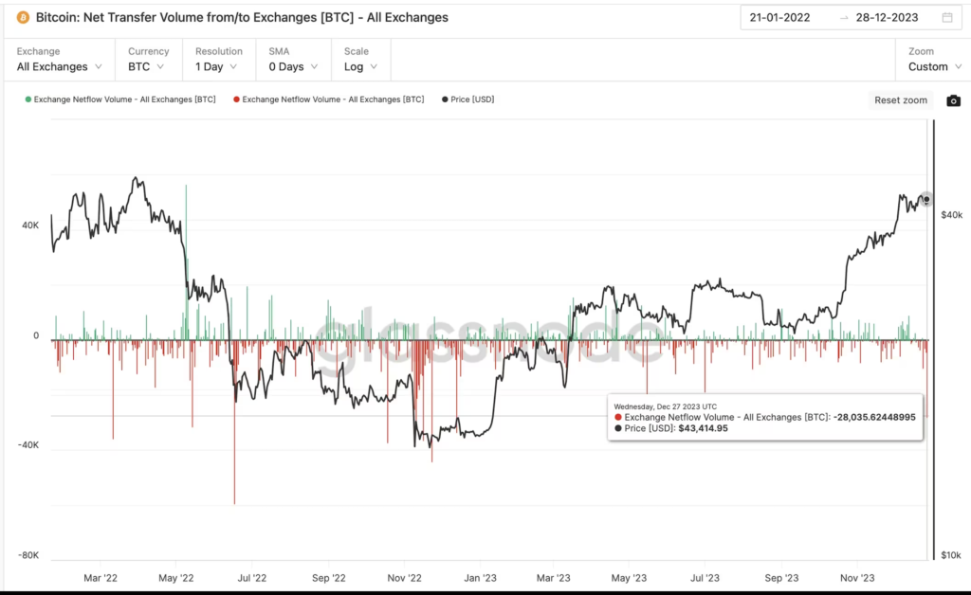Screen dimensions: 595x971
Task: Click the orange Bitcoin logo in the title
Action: point(23,17)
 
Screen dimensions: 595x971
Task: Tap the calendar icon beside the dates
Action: point(947,17)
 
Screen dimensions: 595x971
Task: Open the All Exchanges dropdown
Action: point(60,66)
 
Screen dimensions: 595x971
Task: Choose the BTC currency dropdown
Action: point(146,66)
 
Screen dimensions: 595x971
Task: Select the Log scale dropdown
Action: point(360,66)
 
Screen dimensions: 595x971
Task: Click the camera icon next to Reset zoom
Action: point(954,100)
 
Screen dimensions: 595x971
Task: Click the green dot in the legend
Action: point(28,99)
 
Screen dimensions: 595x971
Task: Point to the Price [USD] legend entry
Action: point(468,99)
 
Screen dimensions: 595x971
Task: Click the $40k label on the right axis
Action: point(950,215)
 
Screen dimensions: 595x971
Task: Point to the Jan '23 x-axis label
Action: point(480,576)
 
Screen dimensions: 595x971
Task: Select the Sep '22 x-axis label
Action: point(328,576)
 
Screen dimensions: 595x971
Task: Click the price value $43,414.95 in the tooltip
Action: point(703,428)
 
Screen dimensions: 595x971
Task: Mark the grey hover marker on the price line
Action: point(926,200)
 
